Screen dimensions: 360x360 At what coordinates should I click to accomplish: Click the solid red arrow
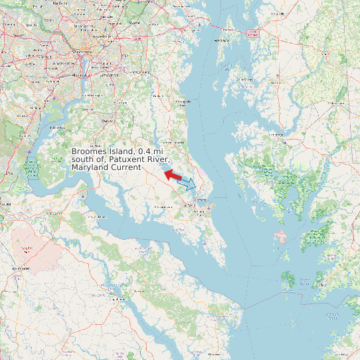coord(173,175)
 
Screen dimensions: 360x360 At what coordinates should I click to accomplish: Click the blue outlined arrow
coord(187,183)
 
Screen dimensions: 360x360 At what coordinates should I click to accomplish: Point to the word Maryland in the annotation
coord(90,168)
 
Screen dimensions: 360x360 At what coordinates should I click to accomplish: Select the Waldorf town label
coord(106,121)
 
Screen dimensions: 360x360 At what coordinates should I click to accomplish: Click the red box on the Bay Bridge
coord(252,33)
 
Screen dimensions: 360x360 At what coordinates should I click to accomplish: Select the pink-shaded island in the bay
coord(281,236)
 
